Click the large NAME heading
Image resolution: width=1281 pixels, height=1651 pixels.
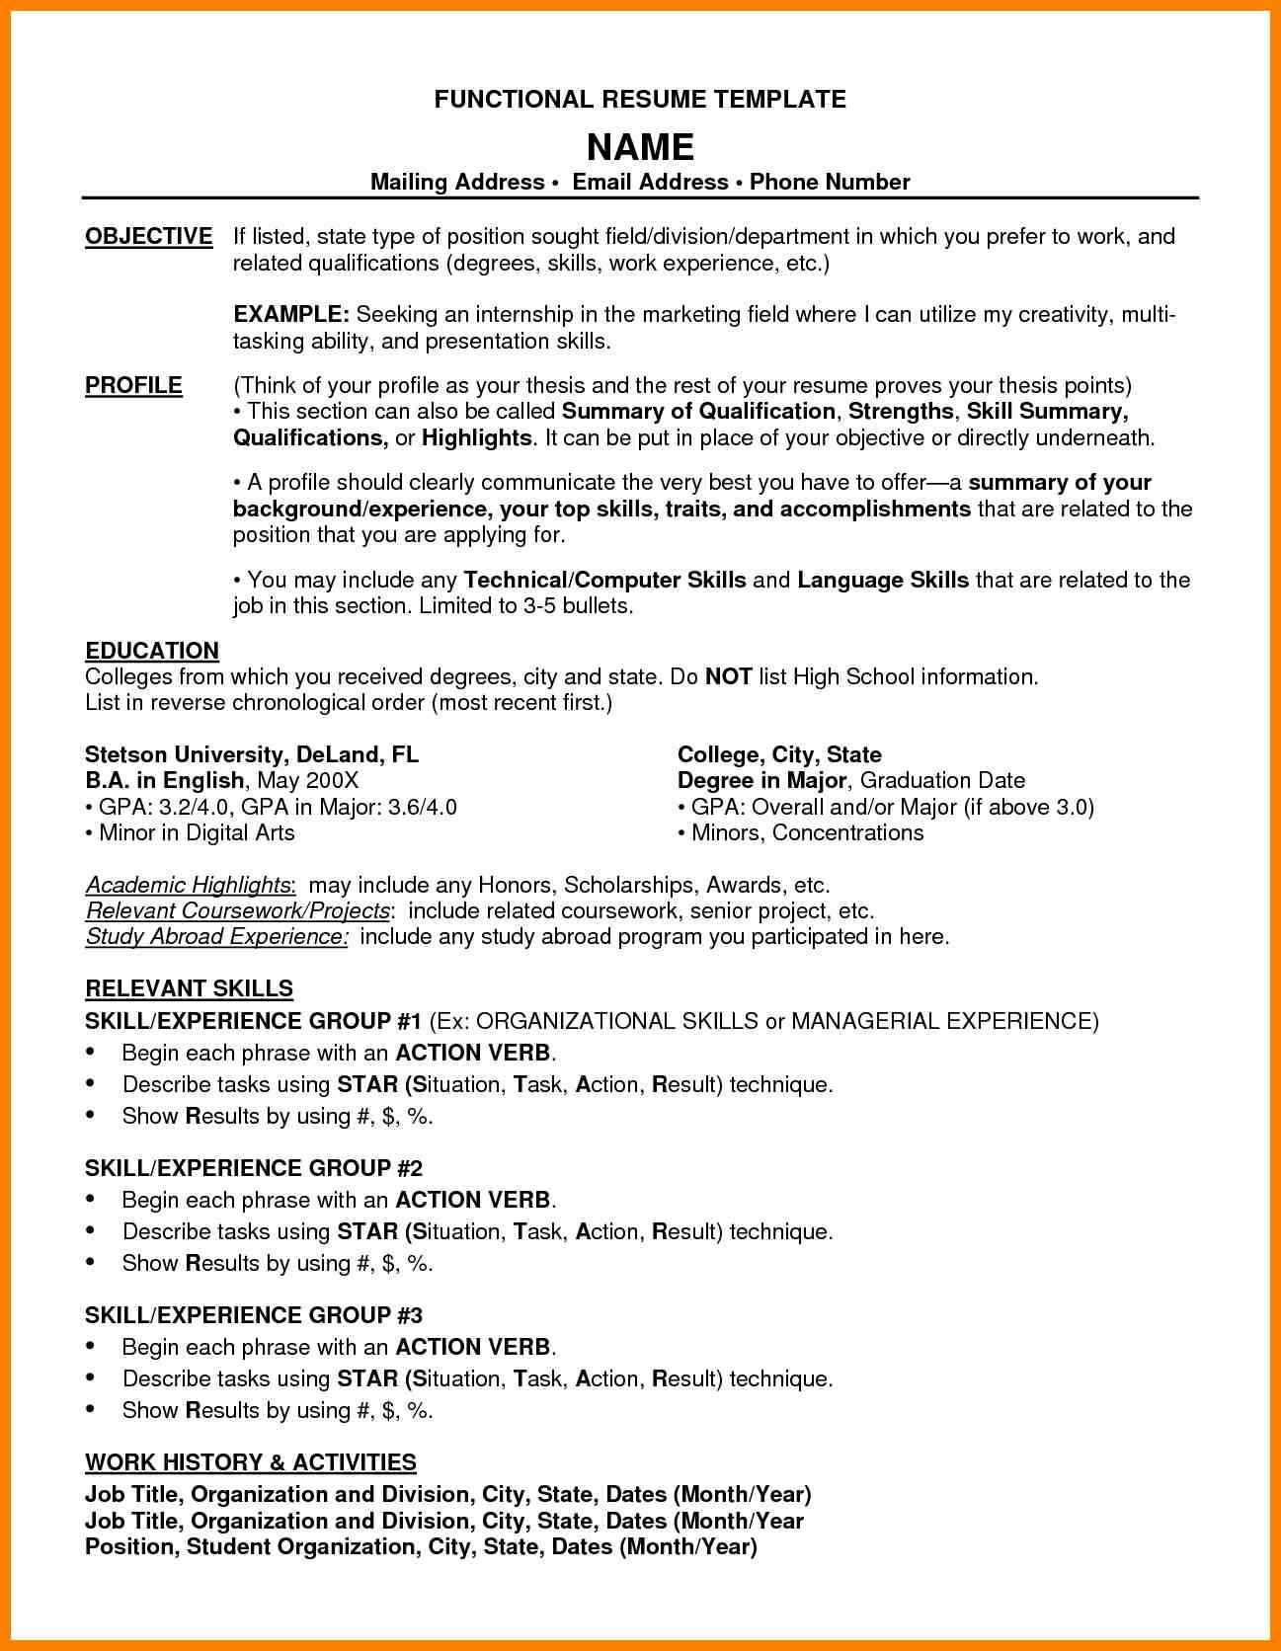(640, 147)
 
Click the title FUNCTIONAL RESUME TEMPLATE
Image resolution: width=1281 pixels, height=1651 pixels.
(640, 99)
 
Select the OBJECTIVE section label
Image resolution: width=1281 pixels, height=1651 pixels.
(148, 237)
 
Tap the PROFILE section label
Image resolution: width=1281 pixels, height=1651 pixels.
(133, 385)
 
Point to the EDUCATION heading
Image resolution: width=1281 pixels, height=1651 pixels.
(152, 651)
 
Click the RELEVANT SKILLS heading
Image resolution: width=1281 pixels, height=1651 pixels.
(189, 988)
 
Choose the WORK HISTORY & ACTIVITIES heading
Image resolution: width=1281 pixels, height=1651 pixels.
(251, 1461)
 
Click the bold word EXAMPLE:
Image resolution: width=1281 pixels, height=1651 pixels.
(291, 315)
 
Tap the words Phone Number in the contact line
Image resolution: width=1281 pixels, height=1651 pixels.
(830, 182)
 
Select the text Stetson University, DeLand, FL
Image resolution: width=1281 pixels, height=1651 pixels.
(252, 754)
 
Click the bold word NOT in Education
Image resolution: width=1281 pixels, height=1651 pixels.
(729, 676)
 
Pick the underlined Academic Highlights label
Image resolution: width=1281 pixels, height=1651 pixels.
(189, 884)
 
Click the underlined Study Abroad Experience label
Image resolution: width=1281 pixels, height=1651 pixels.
(216, 936)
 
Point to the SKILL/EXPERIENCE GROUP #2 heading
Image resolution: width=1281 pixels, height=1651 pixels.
(254, 1168)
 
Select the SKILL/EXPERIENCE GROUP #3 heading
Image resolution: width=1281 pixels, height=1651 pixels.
(254, 1315)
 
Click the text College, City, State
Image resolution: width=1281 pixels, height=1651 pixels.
(779, 754)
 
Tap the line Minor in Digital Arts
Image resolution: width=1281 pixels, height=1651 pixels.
(196, 832)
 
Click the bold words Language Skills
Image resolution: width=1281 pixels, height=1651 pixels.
(883, 580)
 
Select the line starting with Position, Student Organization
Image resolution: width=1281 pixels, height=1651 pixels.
(421, 1546)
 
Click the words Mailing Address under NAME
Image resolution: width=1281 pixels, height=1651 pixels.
(457, 182)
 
